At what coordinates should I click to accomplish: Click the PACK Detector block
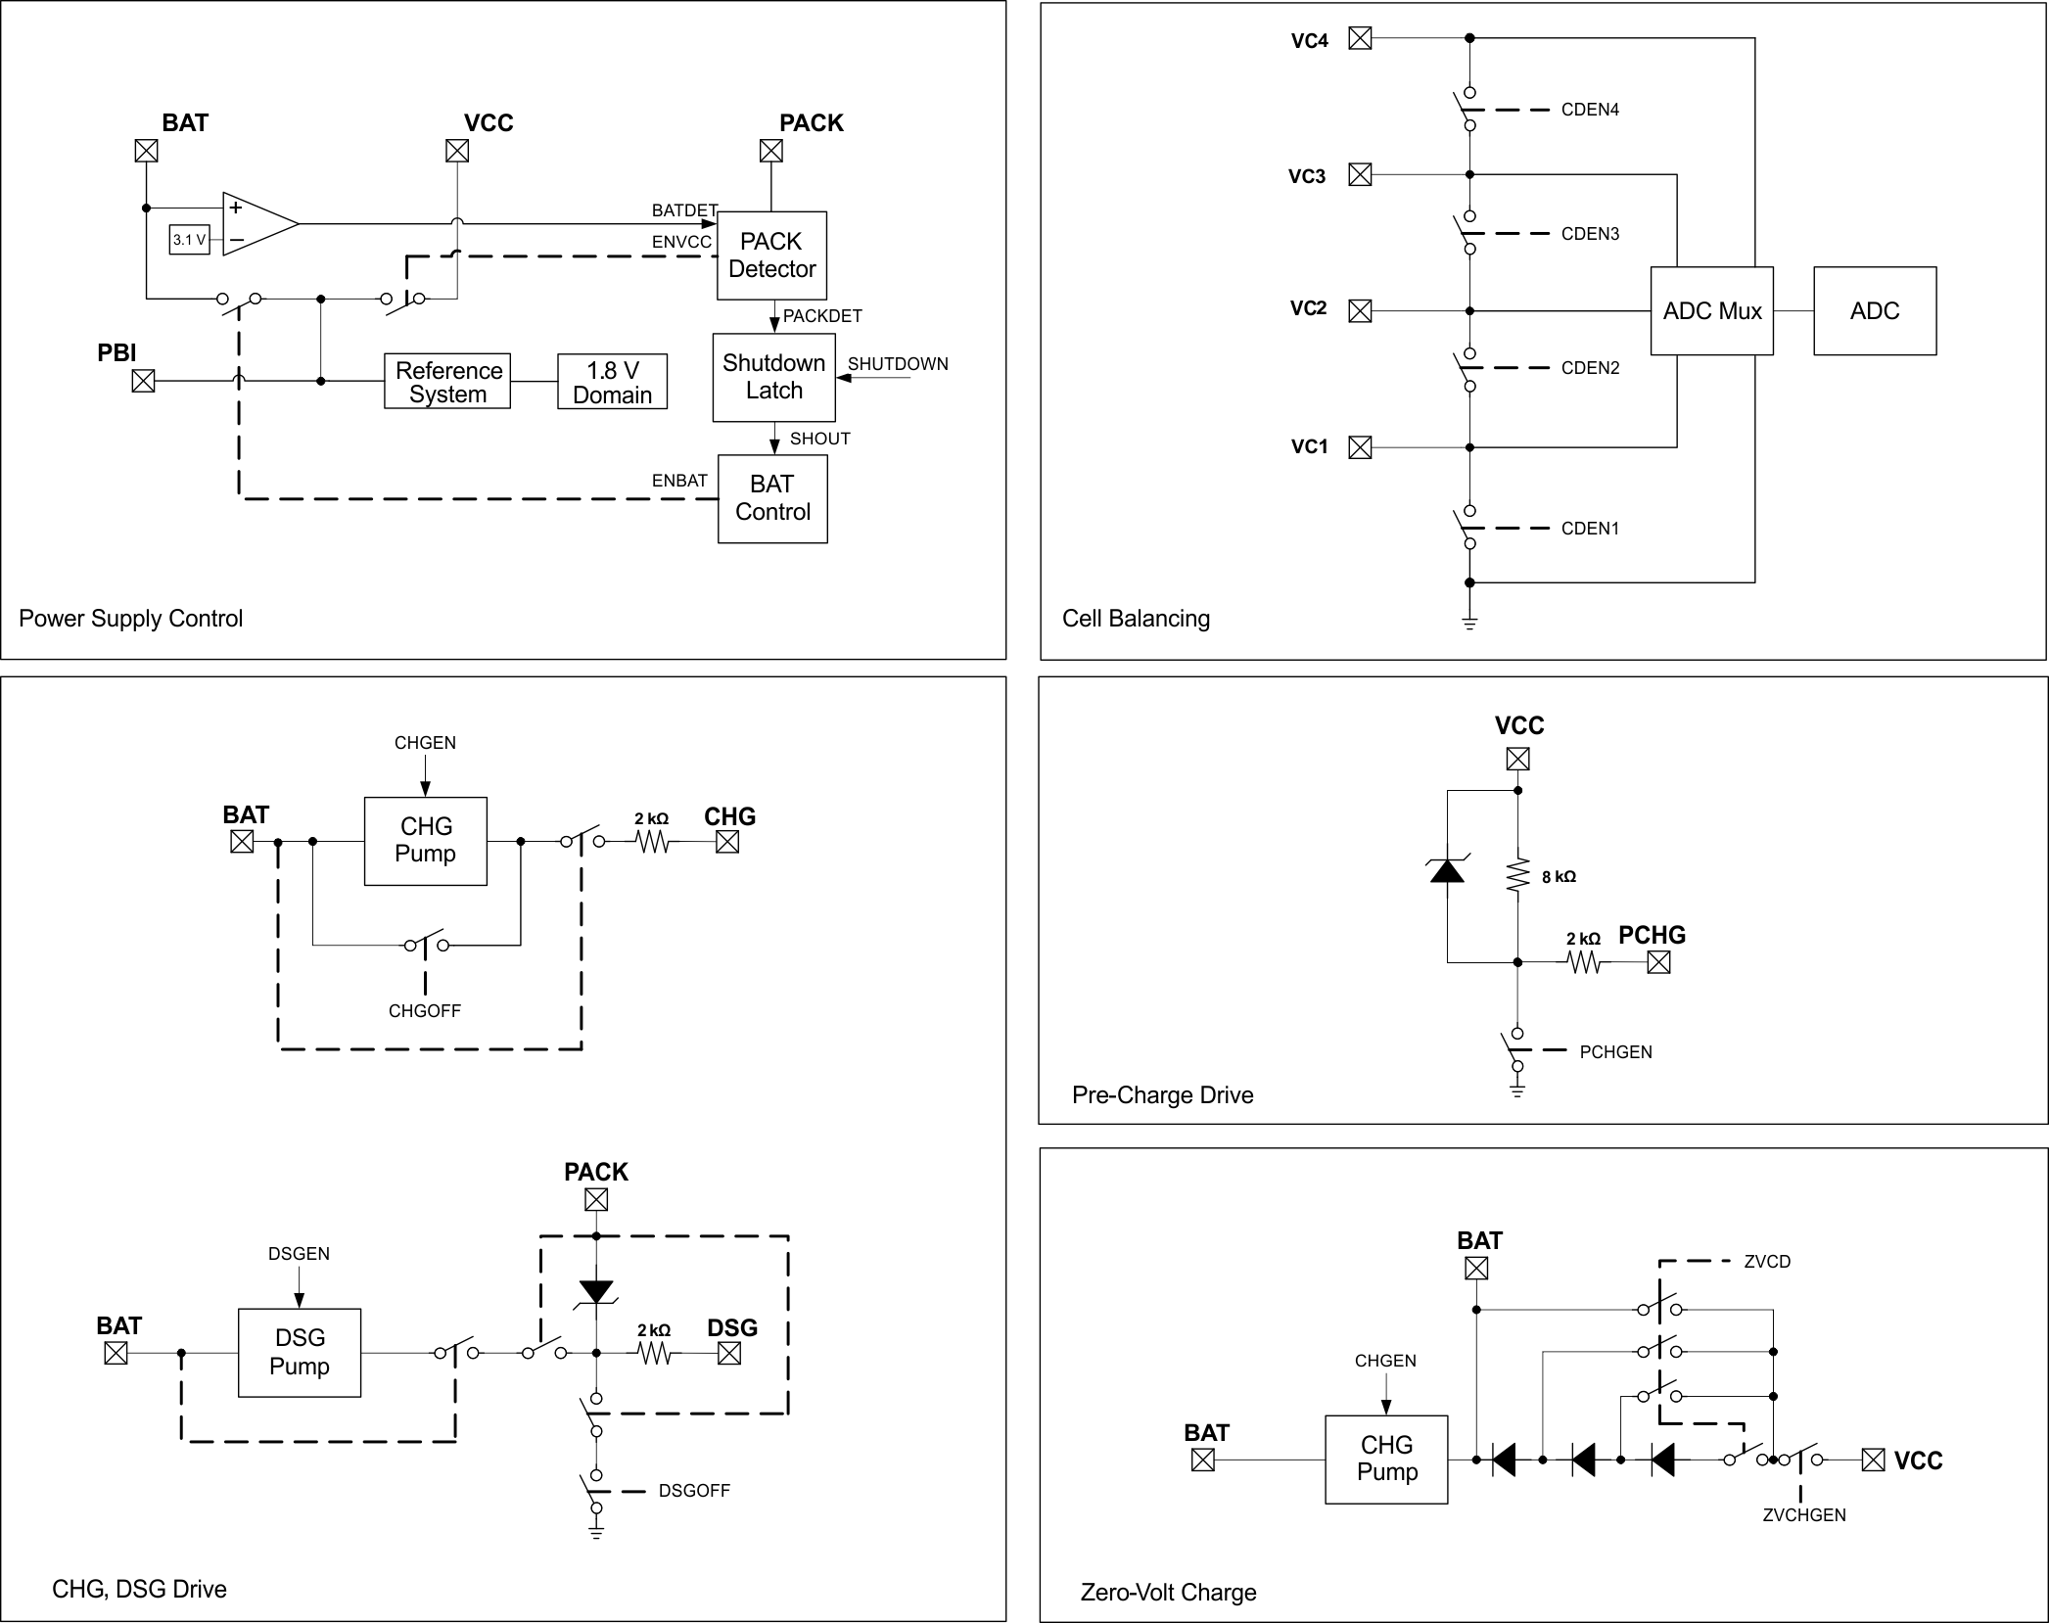771,255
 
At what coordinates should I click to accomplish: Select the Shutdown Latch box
773,377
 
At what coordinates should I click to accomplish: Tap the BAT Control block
772,498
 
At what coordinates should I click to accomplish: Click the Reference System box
447,382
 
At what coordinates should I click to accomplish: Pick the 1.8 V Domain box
612,382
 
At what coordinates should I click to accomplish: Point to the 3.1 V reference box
189,240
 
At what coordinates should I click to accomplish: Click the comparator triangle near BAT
256,224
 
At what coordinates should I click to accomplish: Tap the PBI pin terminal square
144,381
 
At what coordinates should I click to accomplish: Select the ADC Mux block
1711,311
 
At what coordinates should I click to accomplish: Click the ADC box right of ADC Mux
1874,311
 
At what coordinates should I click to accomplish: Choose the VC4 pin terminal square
1360,38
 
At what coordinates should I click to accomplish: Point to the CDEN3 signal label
1590,234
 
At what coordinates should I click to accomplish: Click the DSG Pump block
300,1352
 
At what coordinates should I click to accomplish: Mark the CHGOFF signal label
424,1011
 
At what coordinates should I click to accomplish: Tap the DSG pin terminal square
729,1354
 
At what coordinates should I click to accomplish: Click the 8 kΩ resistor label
1559,877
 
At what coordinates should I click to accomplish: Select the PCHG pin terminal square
1658,963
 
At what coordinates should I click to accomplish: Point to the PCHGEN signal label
1615,1052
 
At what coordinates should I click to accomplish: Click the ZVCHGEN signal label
1803,1514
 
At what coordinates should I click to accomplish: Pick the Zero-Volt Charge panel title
1168,1592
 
